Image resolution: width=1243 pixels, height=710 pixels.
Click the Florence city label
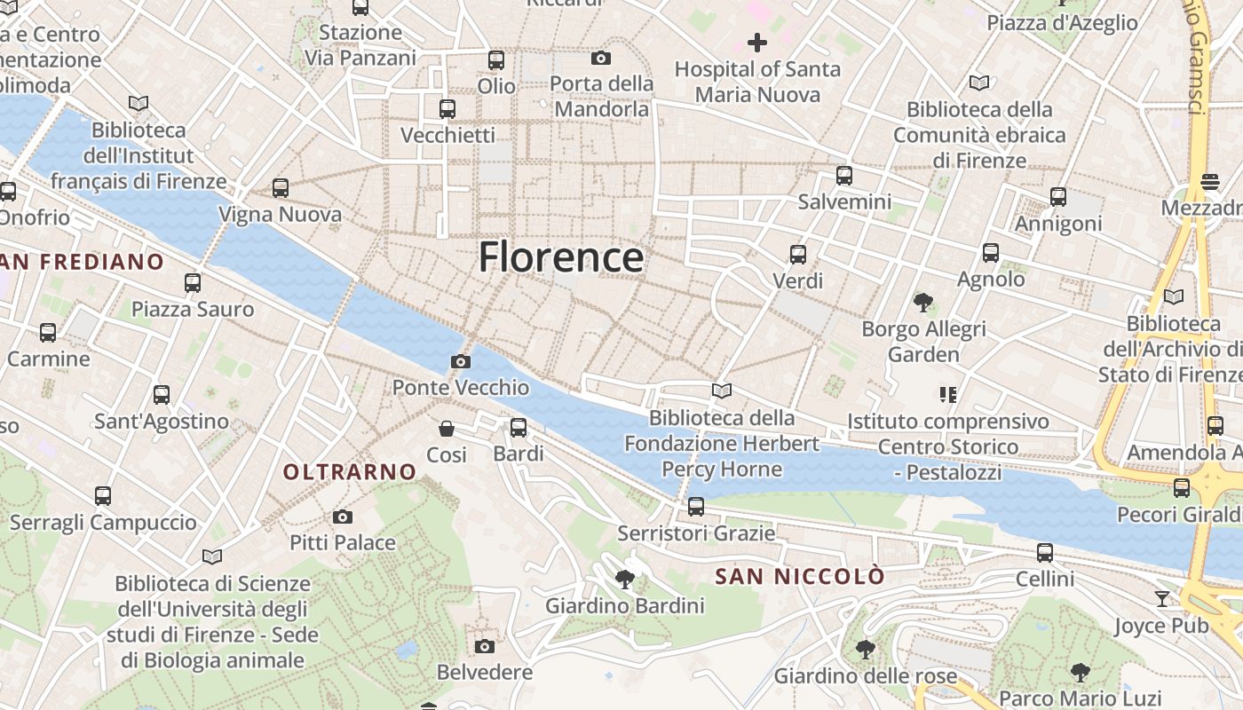point(561,257)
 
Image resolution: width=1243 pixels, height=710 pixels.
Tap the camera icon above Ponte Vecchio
point(460,361)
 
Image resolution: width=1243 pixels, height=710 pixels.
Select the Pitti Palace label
point(343,542)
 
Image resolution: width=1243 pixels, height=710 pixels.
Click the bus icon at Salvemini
point(843,176)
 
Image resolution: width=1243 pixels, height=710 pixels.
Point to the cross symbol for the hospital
point(757,42)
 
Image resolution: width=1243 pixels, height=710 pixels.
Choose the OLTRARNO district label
point(350,472)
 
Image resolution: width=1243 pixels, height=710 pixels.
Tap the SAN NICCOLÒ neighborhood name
point(800,577)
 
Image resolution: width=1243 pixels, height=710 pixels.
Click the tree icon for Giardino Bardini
point(625,580)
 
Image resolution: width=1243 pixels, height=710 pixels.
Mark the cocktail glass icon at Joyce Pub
point(1162,599)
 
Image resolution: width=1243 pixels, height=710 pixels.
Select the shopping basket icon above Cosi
point(447,429)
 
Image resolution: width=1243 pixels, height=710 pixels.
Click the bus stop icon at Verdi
point(798,255)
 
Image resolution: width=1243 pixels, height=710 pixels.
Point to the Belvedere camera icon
point(484,646)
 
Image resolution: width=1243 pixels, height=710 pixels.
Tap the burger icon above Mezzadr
point(1209,182)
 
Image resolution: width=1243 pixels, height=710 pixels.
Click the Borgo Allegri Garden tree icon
point(923,303)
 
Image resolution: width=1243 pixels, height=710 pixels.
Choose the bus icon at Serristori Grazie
point(696,507)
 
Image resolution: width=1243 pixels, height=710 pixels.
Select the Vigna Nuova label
point(280,215)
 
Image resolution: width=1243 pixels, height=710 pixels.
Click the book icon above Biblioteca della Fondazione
point(722,390)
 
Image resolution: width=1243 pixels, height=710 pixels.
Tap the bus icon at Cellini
point(1045,553)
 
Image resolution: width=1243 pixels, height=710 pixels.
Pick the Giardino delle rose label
point(866,676)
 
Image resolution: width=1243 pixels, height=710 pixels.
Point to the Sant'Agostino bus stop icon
point(162,395)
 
